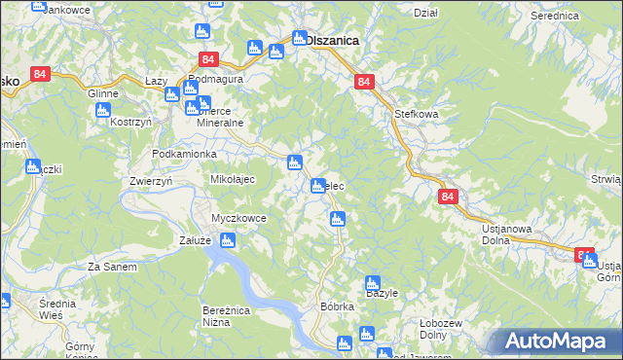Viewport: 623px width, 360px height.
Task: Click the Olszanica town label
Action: point(332,41)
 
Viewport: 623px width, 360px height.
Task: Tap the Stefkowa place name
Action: point(417,114)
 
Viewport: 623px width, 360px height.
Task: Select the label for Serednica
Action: point(556,16)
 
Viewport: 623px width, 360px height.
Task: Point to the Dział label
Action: point(425,13)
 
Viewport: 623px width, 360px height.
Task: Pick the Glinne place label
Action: point(103,93)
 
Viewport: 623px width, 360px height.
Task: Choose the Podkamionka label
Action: point(184,155)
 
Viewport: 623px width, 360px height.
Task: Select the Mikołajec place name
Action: point(233,179)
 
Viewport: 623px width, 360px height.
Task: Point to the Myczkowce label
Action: point(238,218)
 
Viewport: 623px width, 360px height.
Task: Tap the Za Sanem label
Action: point(110,266)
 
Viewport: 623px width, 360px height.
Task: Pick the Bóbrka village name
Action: point(337,306)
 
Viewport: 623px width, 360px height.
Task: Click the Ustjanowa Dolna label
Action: point(506,235)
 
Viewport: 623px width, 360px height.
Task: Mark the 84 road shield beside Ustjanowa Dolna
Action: point(447,197)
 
